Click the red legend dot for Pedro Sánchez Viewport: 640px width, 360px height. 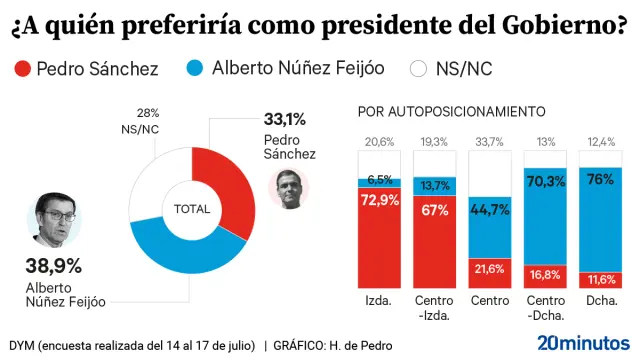[21, 69]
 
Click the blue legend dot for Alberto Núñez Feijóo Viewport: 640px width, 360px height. [196, 69]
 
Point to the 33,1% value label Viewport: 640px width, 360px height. [285, 120]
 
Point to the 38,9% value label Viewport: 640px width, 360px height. [53, 265]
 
